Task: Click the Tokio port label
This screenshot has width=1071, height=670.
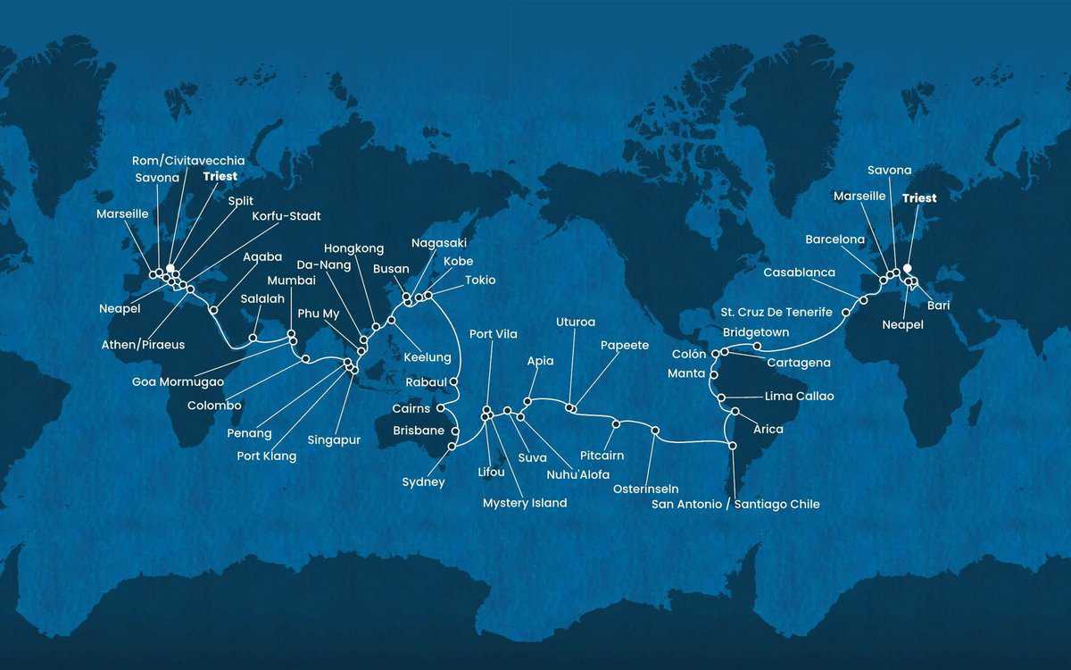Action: tap(480, 280)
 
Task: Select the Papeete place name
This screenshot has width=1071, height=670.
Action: tap(625, 343)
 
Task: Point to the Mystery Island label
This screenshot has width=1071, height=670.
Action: tap(525, 503)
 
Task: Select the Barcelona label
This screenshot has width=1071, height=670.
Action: tap(834, 239)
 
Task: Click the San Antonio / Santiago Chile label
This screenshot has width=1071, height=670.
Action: tap(735, 505)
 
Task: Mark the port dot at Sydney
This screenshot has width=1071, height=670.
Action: tap(453, 445)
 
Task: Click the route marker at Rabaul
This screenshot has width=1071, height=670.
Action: tap(454, 381)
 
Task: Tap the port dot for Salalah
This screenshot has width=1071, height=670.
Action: tap(253, 338)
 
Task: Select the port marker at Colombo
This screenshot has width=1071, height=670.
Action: tap(306, 359)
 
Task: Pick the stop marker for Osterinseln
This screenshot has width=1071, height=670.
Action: tap(655, 431)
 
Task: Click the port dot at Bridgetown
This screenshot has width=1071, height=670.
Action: tap(757, 347)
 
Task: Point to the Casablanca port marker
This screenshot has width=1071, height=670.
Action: tap(862, 300)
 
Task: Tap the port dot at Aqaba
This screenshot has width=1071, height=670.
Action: tap(212, 310)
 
